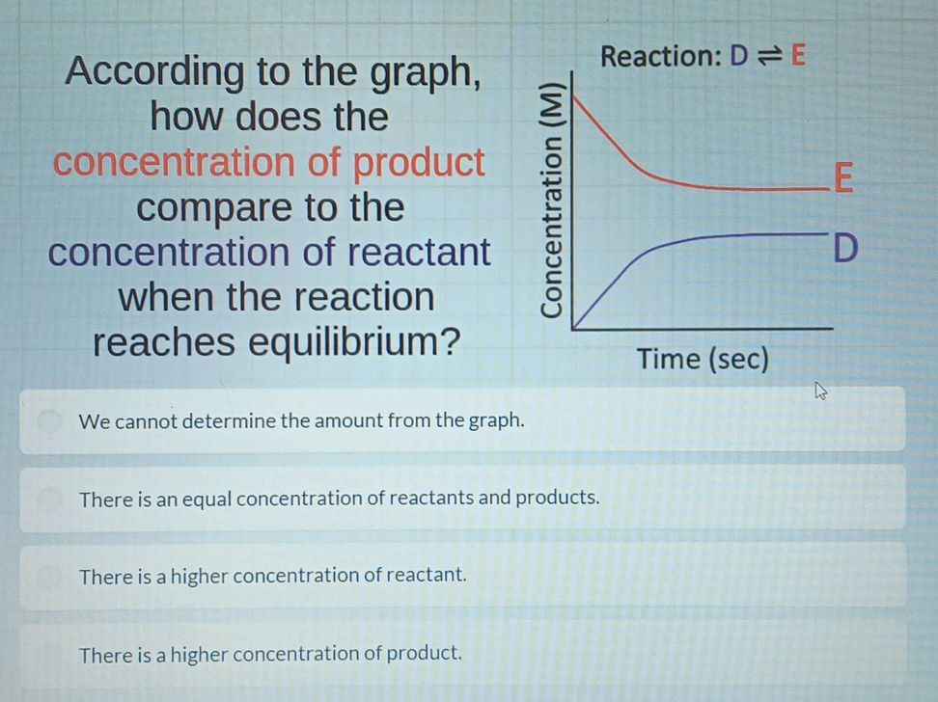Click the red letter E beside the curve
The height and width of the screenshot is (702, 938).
point(842,178)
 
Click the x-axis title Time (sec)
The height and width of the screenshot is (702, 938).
point(703,360)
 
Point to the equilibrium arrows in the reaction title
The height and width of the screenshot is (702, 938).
point(768,56)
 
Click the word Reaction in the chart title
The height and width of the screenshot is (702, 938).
point(659,56)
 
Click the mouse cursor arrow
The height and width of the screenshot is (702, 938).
point(821,391)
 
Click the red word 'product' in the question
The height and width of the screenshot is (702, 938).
point(419,163)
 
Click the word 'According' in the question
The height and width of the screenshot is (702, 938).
point(155,72)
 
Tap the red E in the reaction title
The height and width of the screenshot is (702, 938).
point(797,56)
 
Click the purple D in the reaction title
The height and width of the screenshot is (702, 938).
point(738,56)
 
